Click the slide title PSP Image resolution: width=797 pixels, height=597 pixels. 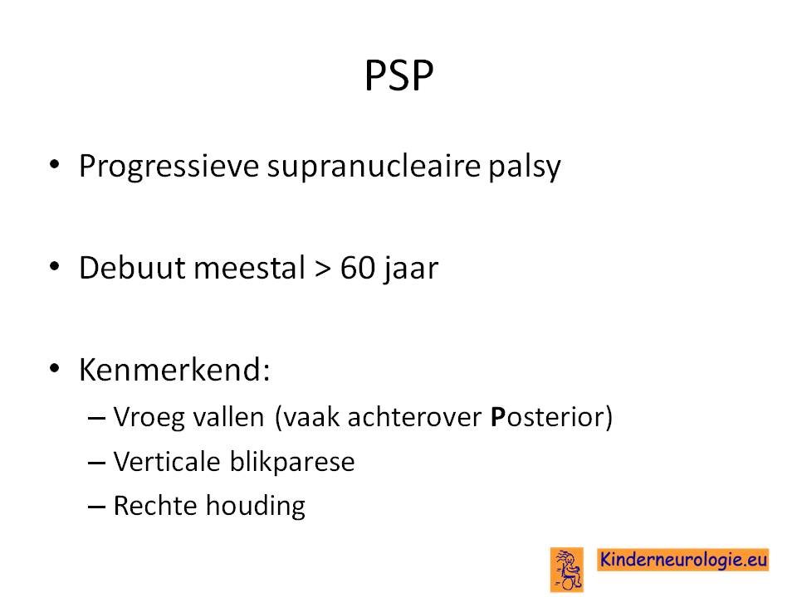pos(399,75)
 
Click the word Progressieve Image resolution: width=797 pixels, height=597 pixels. pos(169,167)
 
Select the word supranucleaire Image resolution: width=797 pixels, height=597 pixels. pos(374,167)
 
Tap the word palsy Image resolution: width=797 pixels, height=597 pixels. pos(525,167)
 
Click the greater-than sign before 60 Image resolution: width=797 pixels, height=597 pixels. pos(322,269)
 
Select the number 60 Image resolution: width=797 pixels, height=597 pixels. pos(358,268)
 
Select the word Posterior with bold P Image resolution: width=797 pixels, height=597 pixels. pos(547,417)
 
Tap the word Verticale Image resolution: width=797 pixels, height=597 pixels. pos(167,462)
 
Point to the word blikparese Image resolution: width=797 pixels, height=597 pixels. pos(292,463)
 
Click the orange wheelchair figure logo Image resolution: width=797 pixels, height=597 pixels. pos(567,570)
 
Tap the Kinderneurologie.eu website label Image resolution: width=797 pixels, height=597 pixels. pos(682,560)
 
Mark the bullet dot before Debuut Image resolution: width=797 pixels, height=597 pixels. pos(55,266)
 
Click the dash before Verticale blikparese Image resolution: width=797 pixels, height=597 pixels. pos(96,463)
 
